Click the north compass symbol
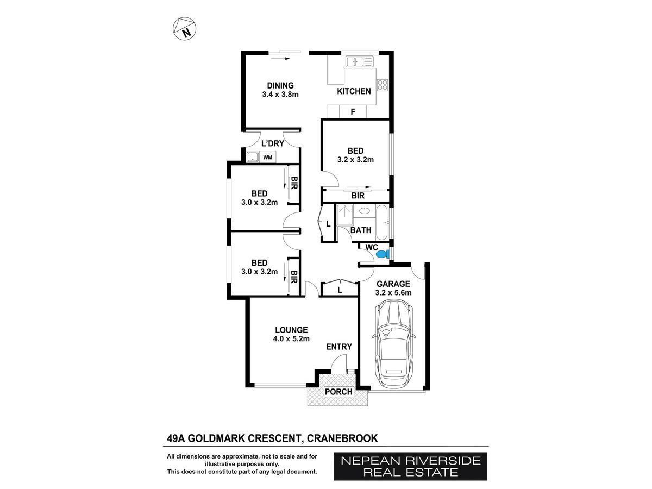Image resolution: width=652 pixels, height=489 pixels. pyautogui.click(x=184, y=28)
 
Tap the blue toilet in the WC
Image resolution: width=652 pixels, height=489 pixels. pyautogui.click(x=383, y=254)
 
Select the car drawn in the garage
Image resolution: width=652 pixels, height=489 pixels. pyautogui.click(x=393, y=344)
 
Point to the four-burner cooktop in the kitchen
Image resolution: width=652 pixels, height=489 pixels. pyautogui.click(x=383, y=85)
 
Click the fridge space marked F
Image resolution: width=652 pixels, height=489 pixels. pyautogui.click(x=353, y=111)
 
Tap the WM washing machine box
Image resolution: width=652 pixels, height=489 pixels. pyautogui.click(x=268, y=157)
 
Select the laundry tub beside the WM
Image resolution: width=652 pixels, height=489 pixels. pyautogui.click(x=253, y=157)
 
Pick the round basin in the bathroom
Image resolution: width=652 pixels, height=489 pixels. pyautogui.click(x=365, y=211)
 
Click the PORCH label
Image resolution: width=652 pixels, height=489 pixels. pyautogui.click(x=338, y=392)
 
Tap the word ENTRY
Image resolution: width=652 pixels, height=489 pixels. pyautogui.click(x=339, y=347)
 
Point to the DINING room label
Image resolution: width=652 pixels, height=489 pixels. pyautogui.click(x=280, y=85)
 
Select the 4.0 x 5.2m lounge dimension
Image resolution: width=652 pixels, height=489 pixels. pyautogui.click(x=291, y=338)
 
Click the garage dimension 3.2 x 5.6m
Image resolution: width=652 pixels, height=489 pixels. pyautogui.click(x=393, y=292)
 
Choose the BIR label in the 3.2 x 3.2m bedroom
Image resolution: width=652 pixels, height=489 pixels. pyautogui.click(x=358, y=196)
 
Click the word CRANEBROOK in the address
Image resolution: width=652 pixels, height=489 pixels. pyautogui.click(x=342, y=438)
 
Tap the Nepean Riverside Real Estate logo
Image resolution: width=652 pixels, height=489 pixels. pyautogui.click(x=411, y=466)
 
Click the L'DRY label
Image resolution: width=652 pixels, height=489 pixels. pyautogui.click(x=273, y=143)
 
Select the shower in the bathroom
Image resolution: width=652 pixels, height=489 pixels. pyautogui.click(x=345, y=215)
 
